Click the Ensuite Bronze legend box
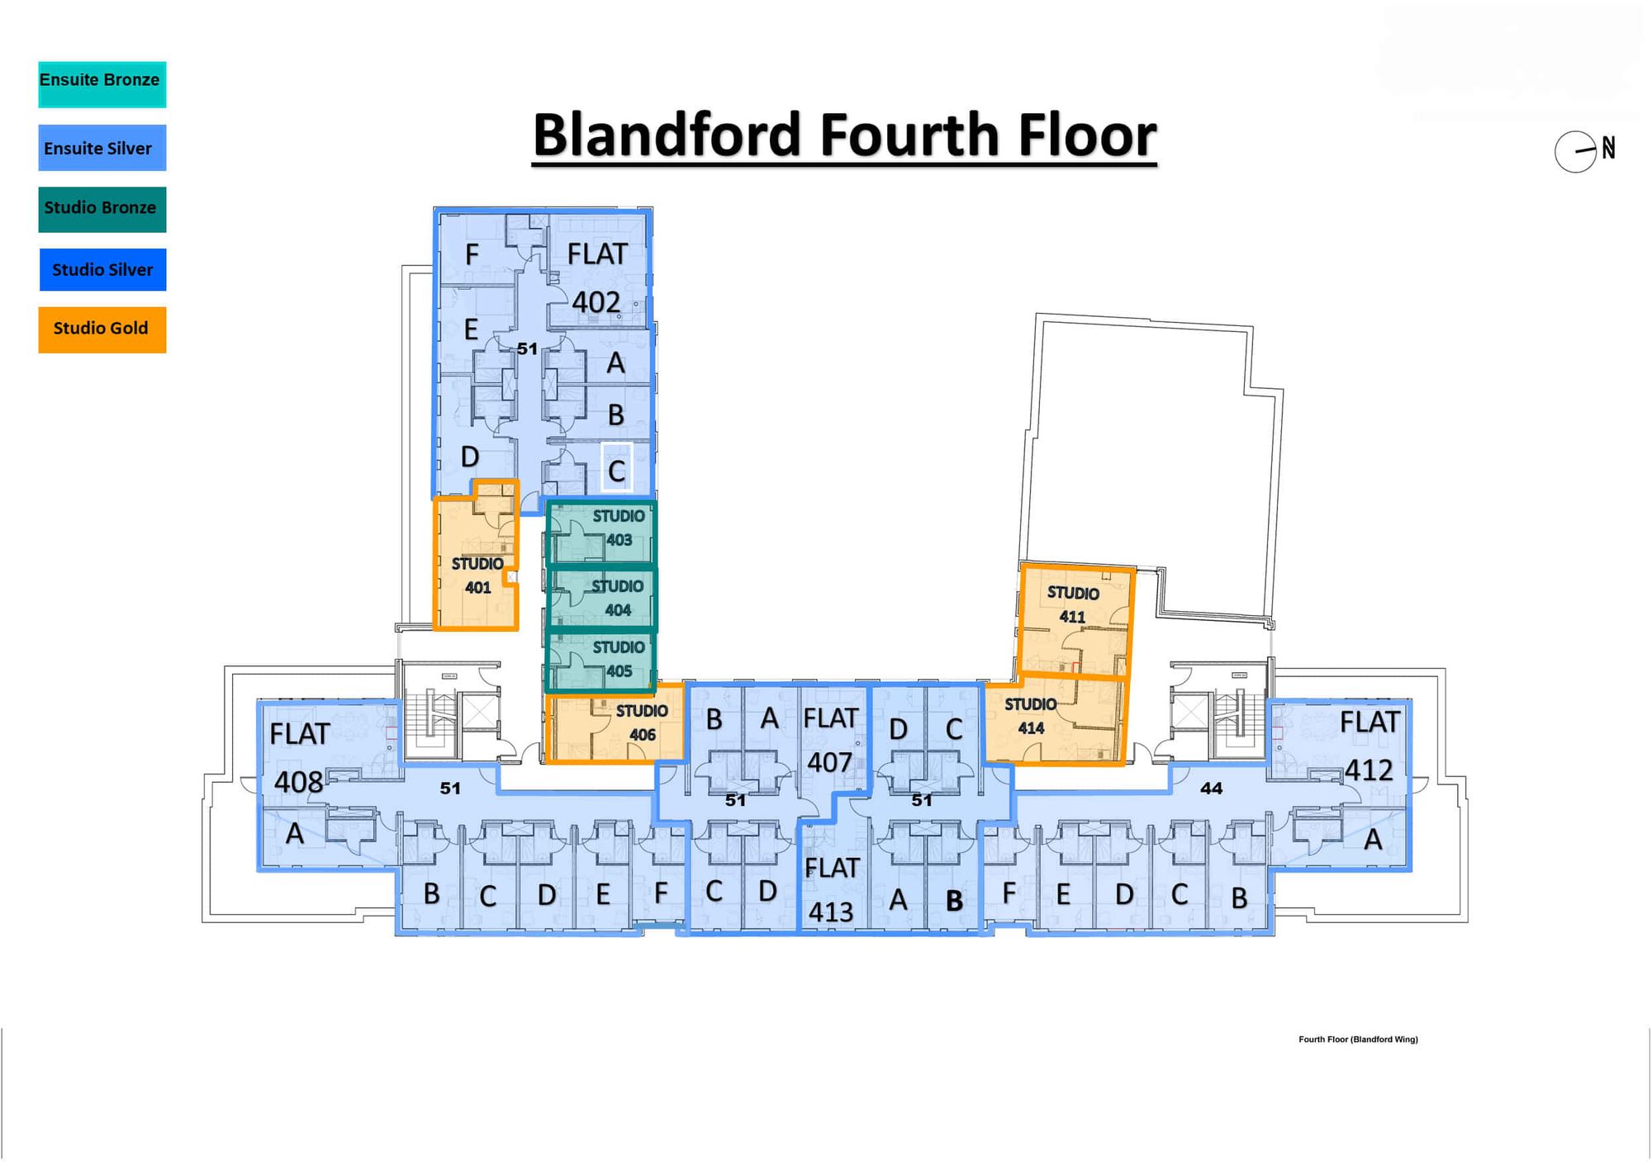tap(102, 83)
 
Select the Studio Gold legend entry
tap(102, 329)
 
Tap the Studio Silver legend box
tap(102, 269)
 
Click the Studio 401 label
tap(477, 576)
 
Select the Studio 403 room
tap(601, 533)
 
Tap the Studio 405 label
tap(619, 659)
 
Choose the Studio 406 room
tap(615, 724)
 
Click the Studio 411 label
tap(1072, 604)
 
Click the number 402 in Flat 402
tap(596, 302)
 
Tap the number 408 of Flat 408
tap(298, 781)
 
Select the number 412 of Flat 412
tap(1369, 770)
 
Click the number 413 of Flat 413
tap(830, 912)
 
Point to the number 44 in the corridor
tap(1211, 789)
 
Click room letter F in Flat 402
tap(472, 254)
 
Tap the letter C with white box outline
tap(616, 470)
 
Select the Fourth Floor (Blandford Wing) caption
tap(1358, 1040)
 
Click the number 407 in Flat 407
tap(829, 762)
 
